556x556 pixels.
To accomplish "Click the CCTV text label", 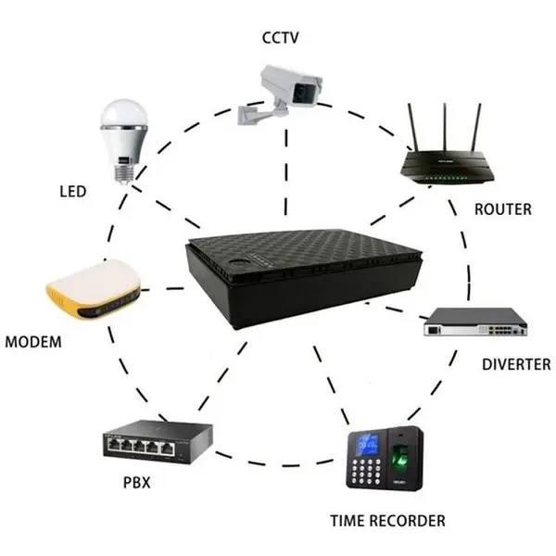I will (280, 37).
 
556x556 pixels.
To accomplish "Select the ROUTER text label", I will (502, 209).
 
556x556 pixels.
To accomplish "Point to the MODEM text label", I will (33, 342).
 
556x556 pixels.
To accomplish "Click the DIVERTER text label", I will (516, 364).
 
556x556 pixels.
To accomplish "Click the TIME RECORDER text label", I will (387, 521).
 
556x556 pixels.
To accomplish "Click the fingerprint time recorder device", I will (382, 460).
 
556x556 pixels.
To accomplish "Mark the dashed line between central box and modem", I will (163, 289).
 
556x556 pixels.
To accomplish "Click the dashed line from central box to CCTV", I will (286, 176).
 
